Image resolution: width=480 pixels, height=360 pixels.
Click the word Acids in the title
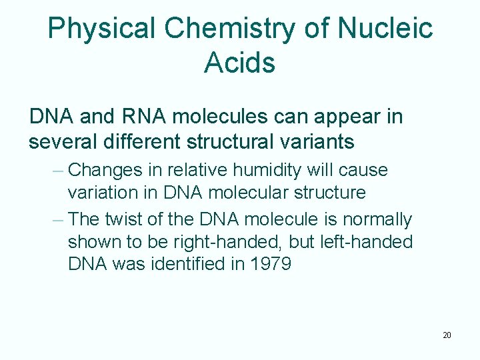tap(239, 63)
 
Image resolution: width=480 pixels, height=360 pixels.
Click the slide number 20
tap(447, 335)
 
